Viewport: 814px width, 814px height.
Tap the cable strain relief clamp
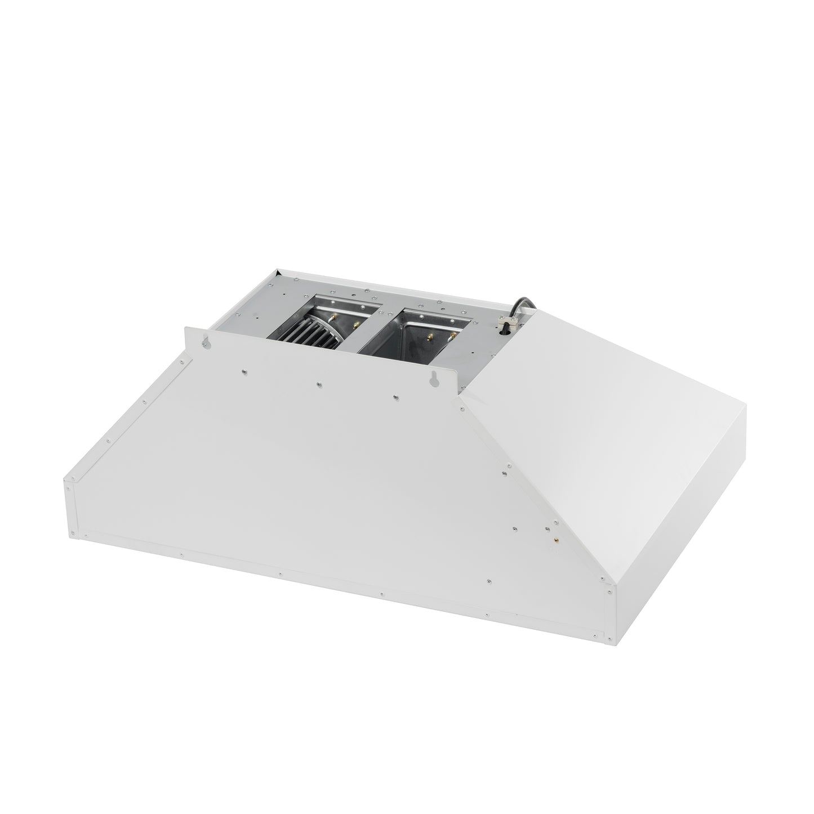pos(505,323)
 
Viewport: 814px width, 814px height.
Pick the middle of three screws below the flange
pos(319,384)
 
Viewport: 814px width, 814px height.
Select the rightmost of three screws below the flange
pos(395,397)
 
